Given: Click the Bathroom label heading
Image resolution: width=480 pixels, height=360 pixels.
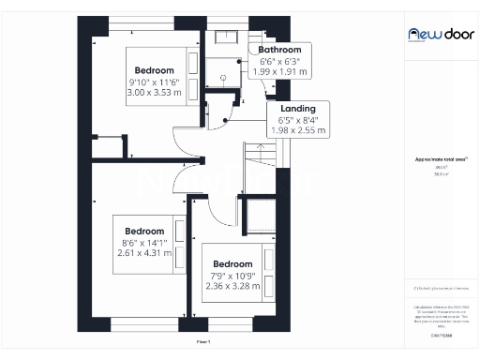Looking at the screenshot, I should (279, 50).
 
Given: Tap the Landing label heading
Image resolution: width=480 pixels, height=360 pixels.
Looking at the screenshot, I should (297, 109).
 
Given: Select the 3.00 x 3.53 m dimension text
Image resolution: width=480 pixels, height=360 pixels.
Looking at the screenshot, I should (155, 94).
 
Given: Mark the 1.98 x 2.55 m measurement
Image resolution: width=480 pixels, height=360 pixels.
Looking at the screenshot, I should (297, 130).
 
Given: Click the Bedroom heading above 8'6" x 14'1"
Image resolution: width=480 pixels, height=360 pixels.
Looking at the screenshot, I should (144, 231).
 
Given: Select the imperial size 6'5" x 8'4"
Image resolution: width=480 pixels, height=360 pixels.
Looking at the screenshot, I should (297, 119).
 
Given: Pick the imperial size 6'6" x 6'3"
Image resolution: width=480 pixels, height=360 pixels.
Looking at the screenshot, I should (279, 61).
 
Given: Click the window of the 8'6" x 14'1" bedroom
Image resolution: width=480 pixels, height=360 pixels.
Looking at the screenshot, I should (141, 324).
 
